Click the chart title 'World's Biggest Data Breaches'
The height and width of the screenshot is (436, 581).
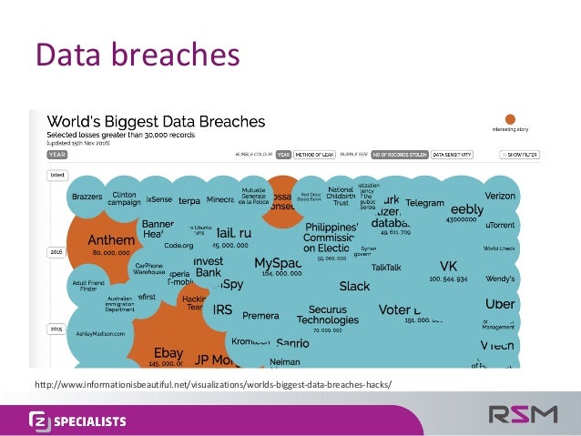[x=156, y=121]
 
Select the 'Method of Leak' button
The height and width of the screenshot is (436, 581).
[x=314, y=156]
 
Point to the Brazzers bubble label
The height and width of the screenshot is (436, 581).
[x=87, y=197]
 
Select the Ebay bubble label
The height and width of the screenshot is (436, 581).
[x=168, y=351]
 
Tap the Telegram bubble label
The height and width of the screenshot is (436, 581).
[x=424, y=202]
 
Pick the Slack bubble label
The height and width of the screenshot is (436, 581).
[x=354, y=286]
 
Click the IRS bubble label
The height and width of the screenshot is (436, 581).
[x=222, y=309]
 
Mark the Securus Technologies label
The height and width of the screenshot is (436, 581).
[x=326, y=314]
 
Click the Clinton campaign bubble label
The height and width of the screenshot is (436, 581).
[x=124, y=198]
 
